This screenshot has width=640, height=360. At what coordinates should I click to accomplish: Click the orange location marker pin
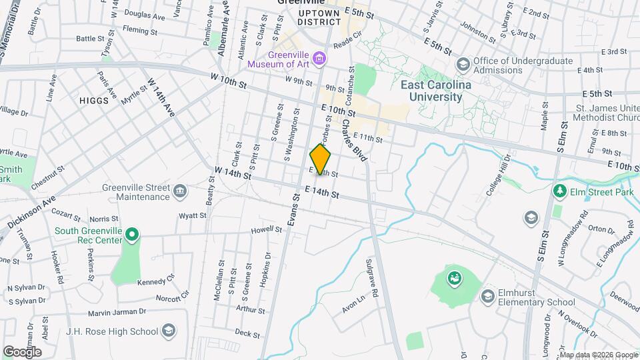pos(320,159)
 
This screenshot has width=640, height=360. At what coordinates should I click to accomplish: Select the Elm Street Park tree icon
pos(559,192)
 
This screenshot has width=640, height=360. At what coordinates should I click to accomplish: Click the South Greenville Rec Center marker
pos(132,234)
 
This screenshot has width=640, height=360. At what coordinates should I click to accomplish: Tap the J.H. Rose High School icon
pos(169,331)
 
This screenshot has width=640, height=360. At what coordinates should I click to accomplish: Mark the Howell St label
pos(267,230)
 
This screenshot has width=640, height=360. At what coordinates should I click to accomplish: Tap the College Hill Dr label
pos(499,175)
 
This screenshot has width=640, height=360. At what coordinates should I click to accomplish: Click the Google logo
pos(22,351)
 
